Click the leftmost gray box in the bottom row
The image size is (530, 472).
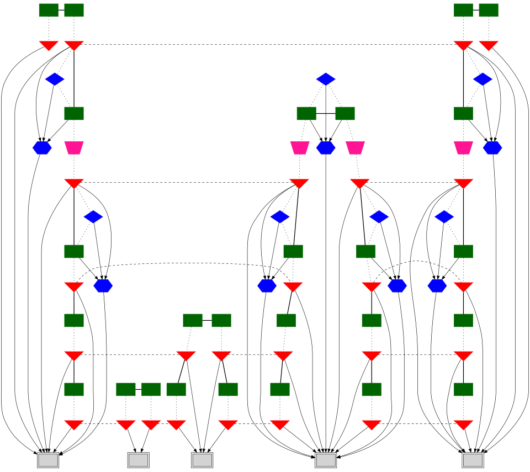(x=48, y=459)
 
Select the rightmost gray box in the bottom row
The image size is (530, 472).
(x=473, y=459)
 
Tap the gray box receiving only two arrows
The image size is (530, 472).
(x=138, y=459)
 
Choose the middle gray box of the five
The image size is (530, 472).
(x=202, y=459)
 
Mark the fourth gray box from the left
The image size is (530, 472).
(x=326, y=459)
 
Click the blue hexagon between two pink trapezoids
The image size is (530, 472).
(x=326, y=148)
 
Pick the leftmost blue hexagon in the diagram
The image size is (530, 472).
(x=42, y=148)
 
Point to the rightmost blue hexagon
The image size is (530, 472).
(x=492, y=148)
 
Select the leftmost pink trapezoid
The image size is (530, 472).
(x=73, y=148)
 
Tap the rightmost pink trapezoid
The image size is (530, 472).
(x=463, y=148)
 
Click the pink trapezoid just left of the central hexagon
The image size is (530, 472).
(x=299, y=148)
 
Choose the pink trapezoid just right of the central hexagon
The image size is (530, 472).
(x=355, y=148)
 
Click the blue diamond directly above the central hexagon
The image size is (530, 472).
(x=326, y=79)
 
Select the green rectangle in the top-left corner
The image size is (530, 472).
(x=49, y=10)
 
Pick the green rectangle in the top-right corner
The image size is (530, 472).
(x=489, y=10)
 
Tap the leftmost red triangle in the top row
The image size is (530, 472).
(x=49, y=45)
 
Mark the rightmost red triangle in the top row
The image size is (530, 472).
(x=489, y=45)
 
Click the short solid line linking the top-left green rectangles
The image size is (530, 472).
(x=61, y=10)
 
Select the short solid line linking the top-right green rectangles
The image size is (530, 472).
(x=476, y=10)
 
